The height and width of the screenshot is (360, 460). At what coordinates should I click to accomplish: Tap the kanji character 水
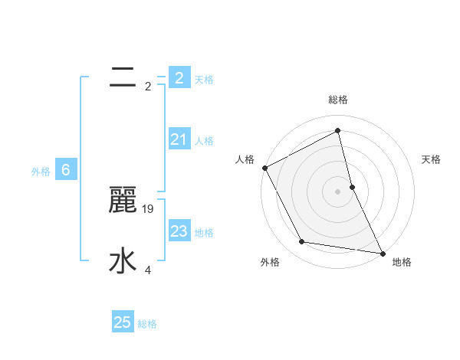123,261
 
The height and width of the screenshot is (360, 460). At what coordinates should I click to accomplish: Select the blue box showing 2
179,77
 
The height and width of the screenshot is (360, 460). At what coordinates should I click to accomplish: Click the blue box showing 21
179,139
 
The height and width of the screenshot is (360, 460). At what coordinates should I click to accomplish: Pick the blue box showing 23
179,231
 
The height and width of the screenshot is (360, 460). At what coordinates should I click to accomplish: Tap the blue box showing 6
66,170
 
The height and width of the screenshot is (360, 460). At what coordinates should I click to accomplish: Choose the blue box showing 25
123,322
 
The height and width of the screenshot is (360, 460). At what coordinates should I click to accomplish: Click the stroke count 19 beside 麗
149,208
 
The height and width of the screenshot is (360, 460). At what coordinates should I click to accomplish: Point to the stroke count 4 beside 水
148,270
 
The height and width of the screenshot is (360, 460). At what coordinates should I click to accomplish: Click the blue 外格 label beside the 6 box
41,172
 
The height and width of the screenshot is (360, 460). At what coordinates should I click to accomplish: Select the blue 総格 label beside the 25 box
147,324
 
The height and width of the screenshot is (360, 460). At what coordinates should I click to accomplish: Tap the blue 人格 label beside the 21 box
204,141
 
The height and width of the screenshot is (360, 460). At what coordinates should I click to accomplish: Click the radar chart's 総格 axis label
338,100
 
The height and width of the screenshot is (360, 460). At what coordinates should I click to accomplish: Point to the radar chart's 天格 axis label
432,159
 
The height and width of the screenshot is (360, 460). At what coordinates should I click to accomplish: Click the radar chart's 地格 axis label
402,262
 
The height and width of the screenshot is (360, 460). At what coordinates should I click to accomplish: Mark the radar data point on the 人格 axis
264,168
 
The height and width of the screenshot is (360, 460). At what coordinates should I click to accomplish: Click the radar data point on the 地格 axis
382,252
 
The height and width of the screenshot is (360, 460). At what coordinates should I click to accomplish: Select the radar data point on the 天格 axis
352,186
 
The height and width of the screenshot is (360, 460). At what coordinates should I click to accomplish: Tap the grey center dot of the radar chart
338,191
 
